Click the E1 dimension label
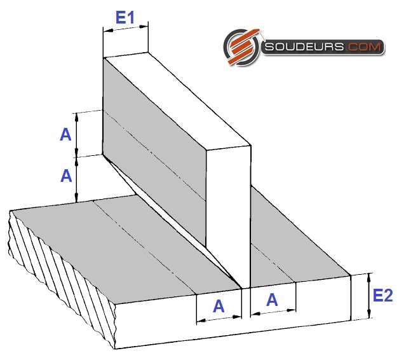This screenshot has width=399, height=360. pyautogui.click(x=125, y=18)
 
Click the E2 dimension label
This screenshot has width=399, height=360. pyautogui.click(x=382, y=296)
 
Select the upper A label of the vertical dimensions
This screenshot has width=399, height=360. pyautogui.click(x=65, y=135)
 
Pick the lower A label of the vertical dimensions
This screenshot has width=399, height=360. pyautogui.click(x=66, y=176)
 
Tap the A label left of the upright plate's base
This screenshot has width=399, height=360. pyautogui.click(x=219, y=306)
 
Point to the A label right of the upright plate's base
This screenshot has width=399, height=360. pyautogui.click(x=272, y=300)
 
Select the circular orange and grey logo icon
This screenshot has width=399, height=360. pyautogui.click(x=241, y=47)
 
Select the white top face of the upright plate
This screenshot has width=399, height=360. pyautogui.click(x=177, y=99)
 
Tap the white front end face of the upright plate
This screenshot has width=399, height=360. pyautogui.click(x=228, y=216)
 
